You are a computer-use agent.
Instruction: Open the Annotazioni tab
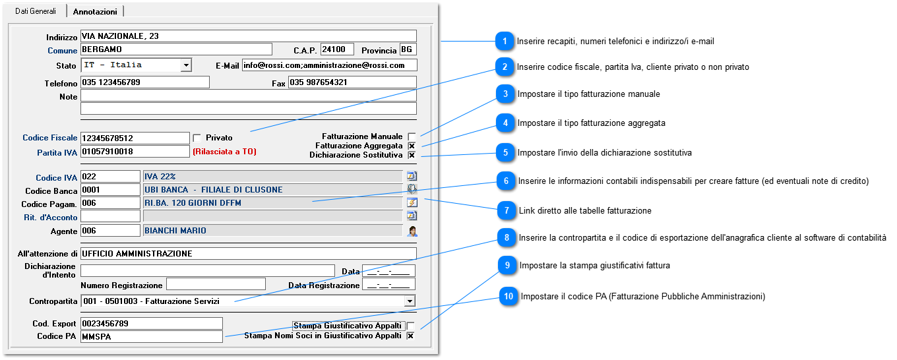point(95,12)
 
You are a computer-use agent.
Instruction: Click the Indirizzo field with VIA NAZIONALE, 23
point(248,36)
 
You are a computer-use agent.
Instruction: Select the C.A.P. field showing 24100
point(337,49)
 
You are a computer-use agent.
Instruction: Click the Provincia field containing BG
point(408,49)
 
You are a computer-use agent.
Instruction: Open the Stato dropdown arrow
point(186,65)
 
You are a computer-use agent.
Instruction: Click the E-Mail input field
point(330,65)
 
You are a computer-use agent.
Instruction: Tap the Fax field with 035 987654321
point(352,82)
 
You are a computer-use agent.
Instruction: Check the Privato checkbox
point(197,138)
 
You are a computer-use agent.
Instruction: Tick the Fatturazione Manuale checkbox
point(412,137)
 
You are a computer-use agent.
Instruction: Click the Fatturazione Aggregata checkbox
point(412,146)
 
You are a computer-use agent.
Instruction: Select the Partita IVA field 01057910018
point(135,152)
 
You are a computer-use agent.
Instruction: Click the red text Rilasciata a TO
point(225,152)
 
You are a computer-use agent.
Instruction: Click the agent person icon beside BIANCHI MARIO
point(412,231)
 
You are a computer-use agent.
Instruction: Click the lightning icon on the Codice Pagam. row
point(412,202)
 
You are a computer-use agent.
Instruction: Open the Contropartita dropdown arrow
point(410,301)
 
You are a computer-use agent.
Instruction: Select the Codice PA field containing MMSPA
point(152,336)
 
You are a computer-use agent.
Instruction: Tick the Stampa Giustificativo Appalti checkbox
point(410,326)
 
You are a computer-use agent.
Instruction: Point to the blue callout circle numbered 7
point(507,210)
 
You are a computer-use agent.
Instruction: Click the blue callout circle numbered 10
point(508,296)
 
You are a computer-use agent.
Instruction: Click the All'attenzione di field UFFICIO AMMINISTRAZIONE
point(248,253)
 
